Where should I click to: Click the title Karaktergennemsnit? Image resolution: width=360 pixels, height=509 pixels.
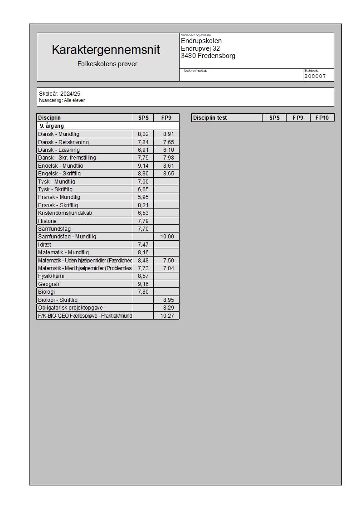coord(106,49)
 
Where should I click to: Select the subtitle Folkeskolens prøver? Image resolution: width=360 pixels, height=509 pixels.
coord(107,64)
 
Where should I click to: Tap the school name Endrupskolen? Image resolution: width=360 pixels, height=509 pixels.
coord(201,41)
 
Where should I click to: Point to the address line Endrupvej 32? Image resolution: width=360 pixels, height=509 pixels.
coord(200,48)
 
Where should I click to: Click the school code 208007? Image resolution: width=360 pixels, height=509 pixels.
coord(315,76)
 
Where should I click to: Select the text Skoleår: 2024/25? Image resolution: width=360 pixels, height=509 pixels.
coord(59,94)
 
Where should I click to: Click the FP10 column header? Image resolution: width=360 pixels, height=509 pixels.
coord(322,118)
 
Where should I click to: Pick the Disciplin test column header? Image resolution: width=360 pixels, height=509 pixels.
coord(210,118)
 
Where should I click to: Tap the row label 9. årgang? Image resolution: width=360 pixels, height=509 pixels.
coord(52,126)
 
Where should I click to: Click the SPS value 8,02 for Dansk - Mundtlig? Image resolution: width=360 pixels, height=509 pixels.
coord(143,134)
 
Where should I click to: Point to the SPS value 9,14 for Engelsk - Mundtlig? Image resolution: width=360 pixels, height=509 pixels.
coord(143,166)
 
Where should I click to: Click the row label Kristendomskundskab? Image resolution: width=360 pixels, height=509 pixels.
coord(65,213)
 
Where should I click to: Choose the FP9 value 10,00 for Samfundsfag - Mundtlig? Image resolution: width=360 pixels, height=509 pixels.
coord(167,237)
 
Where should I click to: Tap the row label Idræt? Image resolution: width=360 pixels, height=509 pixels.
coord(44,245)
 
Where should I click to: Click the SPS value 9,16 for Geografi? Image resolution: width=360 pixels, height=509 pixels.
coord(143,284)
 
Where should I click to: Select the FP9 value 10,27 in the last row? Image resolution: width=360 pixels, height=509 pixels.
coord(167,316)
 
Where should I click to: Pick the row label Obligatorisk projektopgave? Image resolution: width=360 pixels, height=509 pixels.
coord(70,308)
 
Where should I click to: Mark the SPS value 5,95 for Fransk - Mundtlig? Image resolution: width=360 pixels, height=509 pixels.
coord(143,197)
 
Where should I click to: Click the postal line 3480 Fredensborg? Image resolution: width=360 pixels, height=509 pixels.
coord(208,56)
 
